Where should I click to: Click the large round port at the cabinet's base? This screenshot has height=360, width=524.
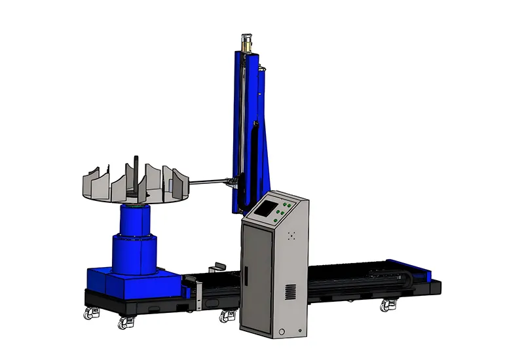pyautogui.click(x=282, y=333)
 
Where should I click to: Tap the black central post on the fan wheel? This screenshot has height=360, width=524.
pyautogui.click(x=136, y=173)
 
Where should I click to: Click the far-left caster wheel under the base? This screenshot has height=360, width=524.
pyautogui.click(x=88, y=314)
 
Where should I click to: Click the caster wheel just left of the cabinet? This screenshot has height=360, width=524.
pyautogui.click(x=228, y=315)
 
